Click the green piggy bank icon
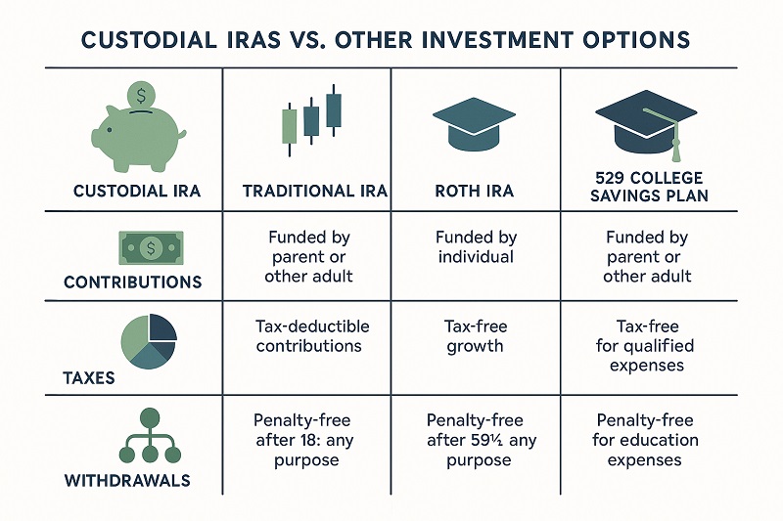(137, 133)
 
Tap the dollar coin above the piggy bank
(142, 96)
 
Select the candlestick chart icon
(312, 117)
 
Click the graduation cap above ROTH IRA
(475, 125)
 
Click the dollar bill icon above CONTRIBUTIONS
(150, 248)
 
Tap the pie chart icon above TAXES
(147, 341)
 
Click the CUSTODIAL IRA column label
(137, 191)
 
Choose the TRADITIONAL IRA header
(306, 191)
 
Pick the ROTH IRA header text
(475, 191)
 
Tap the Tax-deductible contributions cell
(307, 336)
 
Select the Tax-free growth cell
(475, 336)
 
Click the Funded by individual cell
(475, 247)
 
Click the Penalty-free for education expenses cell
(646, 440)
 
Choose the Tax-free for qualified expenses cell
(646, 346)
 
